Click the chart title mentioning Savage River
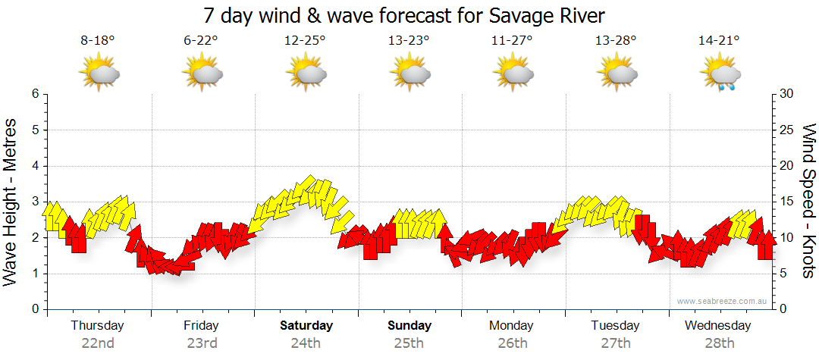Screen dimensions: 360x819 (x=404, y=16)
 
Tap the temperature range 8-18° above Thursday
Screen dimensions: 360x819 (x=98, y=41)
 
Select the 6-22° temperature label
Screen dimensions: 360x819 (x=201, y=41)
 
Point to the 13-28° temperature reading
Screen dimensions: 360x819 (x=615, y=41)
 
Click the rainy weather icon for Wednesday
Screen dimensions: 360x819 (x=720, y=75)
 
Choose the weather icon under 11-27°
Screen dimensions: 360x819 (x=513, y=74)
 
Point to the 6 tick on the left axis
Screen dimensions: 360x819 (x=34, y=94)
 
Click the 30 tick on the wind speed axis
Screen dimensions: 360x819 (x=787, y=94)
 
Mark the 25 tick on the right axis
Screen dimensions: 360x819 (x=787, y=130)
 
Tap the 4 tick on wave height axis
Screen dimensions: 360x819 (x=34, y=166)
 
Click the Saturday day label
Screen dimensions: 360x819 (x=306, y=326)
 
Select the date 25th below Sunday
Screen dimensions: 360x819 (x=409, y=343)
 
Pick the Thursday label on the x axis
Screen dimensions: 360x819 (x=98, y=326)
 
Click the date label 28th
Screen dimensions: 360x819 (x=718, y=343)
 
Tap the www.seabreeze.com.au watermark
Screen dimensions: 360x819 (x=723, y=302)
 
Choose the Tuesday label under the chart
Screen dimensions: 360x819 (x=616, y=326)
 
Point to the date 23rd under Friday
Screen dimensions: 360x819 (x=202, y=343)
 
